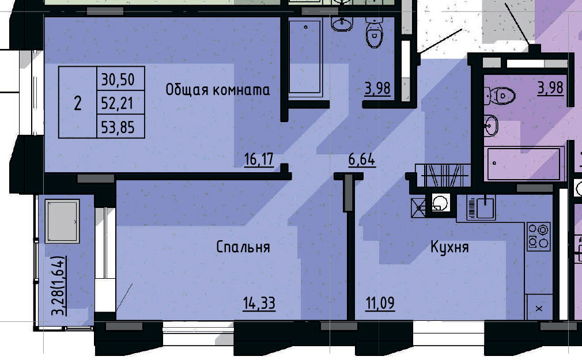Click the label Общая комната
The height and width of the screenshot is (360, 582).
(218, 90)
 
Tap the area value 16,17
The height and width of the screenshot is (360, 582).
(259, 160)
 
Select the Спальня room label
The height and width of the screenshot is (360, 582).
(243, 247)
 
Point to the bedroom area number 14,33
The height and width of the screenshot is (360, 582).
(259, 303)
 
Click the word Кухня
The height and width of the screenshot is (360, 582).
(449, 248)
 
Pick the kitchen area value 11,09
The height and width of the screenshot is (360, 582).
(380, 303)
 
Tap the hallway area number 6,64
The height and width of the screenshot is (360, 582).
(362, 160)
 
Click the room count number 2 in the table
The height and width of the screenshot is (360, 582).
(78, 104)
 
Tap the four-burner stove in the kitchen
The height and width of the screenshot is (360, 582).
(539, 236)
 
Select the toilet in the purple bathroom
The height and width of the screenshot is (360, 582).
(501, 95)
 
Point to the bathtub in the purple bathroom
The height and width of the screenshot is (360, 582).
(523, 164)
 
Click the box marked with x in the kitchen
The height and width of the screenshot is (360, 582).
(539, 308)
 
